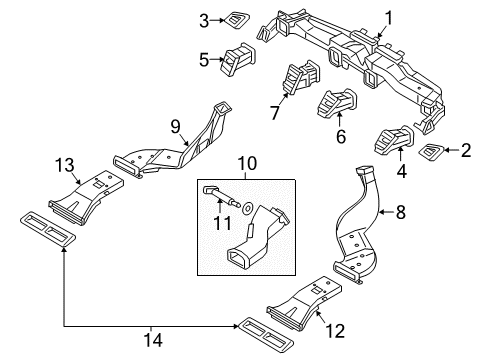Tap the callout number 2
pyautogui.click(x=465, y=151)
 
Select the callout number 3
pyautogui.click(x=204, y=19)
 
